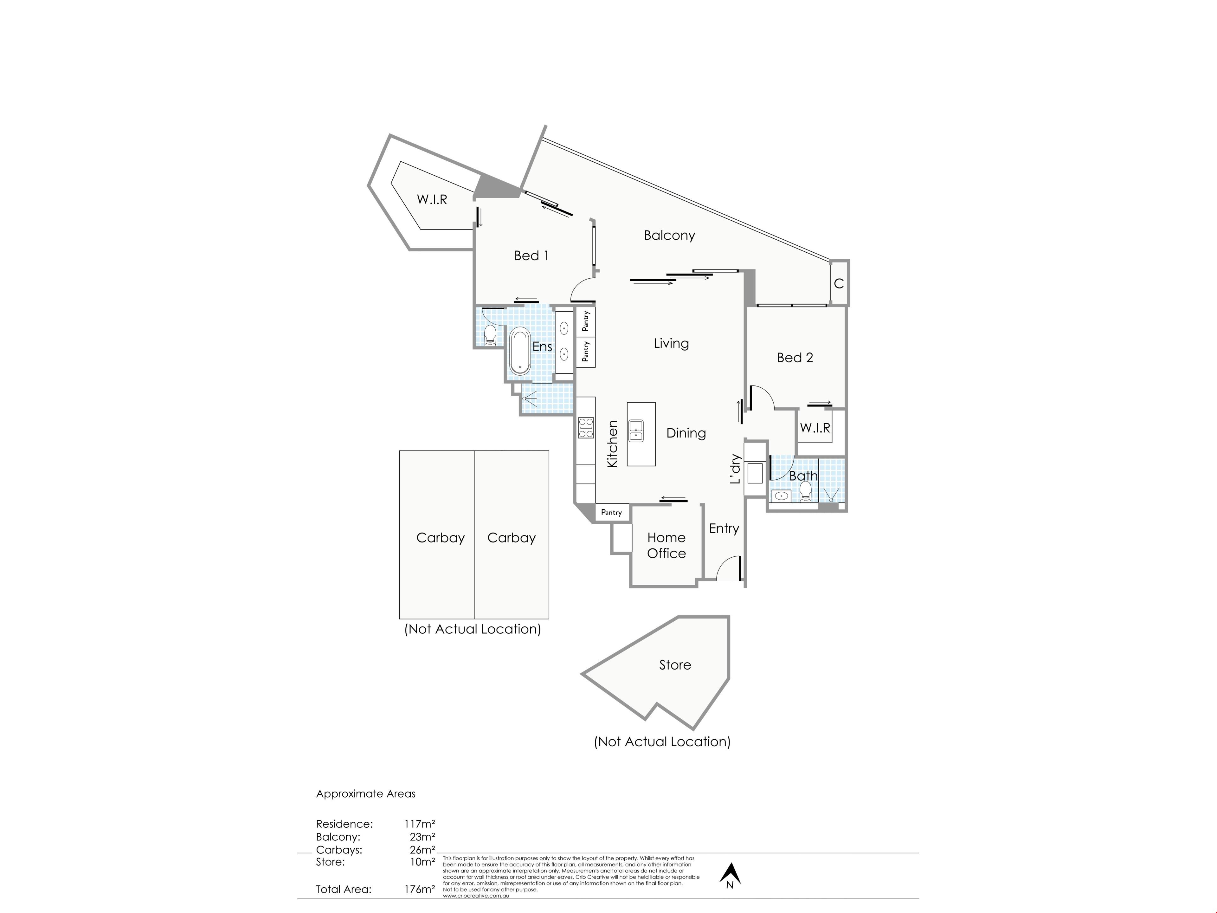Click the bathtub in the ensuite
[519, 352]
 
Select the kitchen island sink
[636, 431]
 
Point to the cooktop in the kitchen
[586, 428]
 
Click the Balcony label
[670, 236]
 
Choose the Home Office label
[666, 545]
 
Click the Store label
[675, 665]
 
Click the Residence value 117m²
[419, 824]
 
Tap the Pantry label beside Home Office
[611, 512]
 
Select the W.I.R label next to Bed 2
[815, 428]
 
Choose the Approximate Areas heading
[366, 793]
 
